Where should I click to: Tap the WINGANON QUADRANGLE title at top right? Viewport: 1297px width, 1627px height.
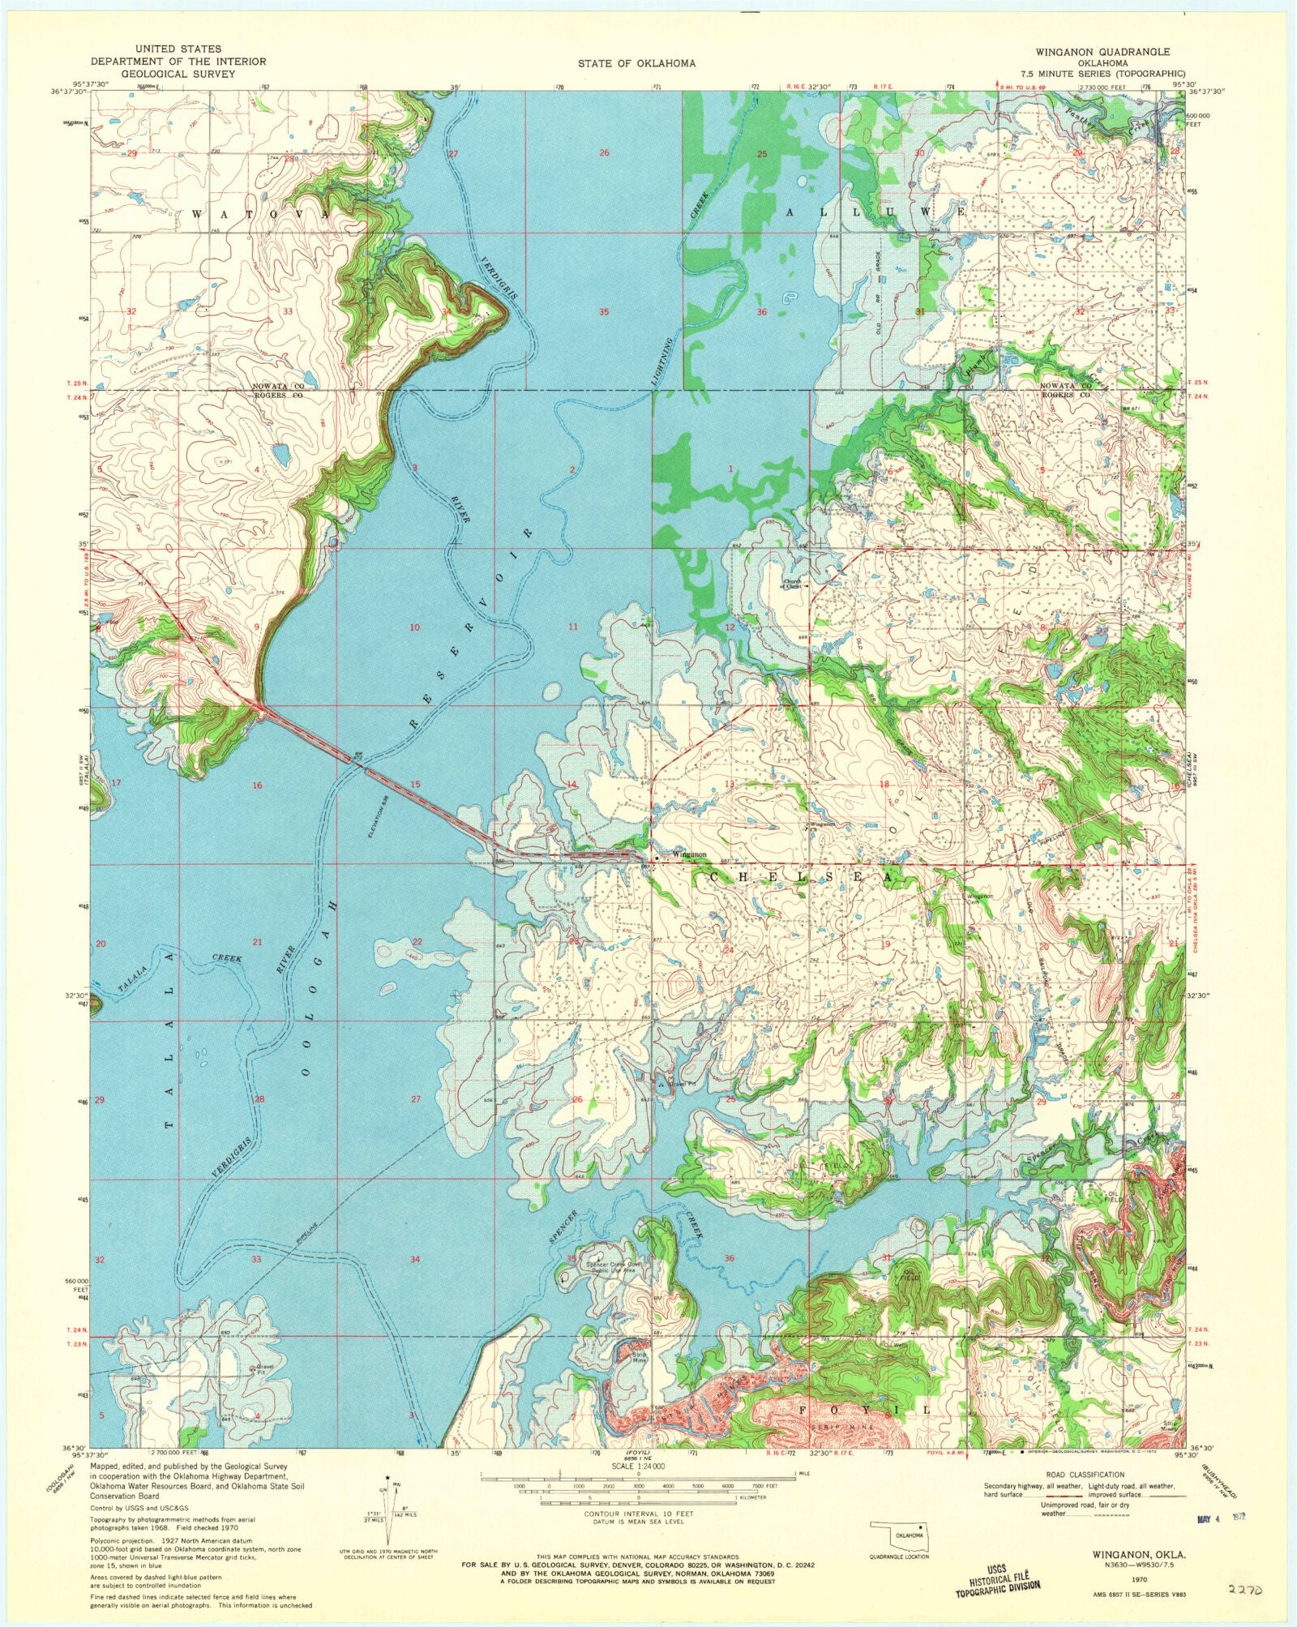pyautogui.click(x=1102, y=52)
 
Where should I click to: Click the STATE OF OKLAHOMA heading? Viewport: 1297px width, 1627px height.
pyautogui.click(x=636, y=63)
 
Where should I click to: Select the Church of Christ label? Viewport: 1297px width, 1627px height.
pyautogui.click(x=791, y=584)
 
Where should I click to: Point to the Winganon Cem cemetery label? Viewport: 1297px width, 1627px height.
pyautogui.click(x=979, y=897)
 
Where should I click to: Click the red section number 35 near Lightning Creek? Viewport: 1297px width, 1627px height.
pyautogui.click(x=603, y=312)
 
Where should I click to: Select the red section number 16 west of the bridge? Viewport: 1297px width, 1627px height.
pyautogui.click(x=257, y=785)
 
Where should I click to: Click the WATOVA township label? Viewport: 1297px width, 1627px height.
pyautogui.click(x=261, y=214)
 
